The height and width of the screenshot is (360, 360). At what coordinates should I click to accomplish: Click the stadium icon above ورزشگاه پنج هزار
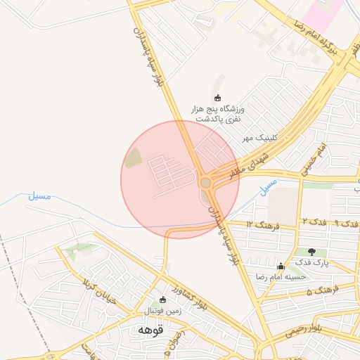pyautogui.click(x=217, y=98)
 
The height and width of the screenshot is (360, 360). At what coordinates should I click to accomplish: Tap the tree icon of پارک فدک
pyautogui.click(x=311, y=252)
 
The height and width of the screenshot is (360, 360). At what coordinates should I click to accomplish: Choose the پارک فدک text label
pyautogui.click(x=311, y=263)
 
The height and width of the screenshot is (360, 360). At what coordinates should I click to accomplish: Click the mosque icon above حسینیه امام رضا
pyautogui.click(x=281, y=266)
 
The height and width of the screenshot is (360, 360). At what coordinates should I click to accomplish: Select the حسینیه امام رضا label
pyautogui.click(x=281, y=276)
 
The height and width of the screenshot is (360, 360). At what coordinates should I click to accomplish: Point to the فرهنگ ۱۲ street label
pyautogui.click(x=264, y=225)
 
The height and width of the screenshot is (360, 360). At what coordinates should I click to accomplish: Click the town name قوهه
pyautogui.click(x=150, y=329)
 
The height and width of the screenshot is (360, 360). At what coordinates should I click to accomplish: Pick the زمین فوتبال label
pyautogui.click(x=163, y=310)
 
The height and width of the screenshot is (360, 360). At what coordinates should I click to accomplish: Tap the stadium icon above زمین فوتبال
pyautogui.click(x=163, y=300)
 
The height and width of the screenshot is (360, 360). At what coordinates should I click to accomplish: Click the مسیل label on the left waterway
pyautogui.click(x=39, y=197)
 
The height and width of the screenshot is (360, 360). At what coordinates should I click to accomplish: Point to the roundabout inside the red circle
pyautogui.click(x=205, y=183)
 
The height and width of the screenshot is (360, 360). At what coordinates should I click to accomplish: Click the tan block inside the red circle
pyautogui.click(x=133, y=159)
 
